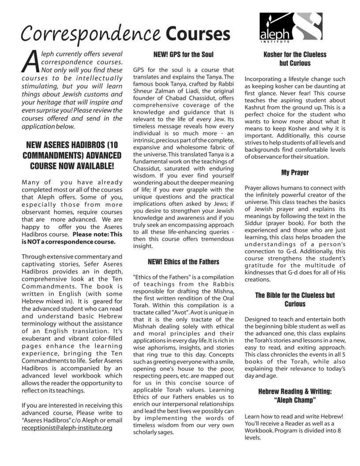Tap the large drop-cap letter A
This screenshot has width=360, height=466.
(x=30, y=61)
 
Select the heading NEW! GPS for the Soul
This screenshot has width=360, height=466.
(x=183, y=55)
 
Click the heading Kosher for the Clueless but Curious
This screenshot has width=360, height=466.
(x=295, y=59)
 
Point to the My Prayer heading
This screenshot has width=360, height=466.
(x=295, y=173)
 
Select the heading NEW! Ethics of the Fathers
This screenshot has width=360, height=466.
(x=183, y=262)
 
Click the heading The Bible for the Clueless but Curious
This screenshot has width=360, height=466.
(x=295, y=300)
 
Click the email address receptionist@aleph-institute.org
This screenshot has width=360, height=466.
(x=67, y=428)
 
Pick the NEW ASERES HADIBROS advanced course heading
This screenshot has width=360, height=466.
(x=72, y=155)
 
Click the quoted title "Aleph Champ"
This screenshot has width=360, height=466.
(x=295, y=400)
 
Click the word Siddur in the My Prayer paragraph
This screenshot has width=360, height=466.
(x=255, y=223)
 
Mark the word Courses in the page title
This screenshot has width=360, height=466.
(x=198, y=34)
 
